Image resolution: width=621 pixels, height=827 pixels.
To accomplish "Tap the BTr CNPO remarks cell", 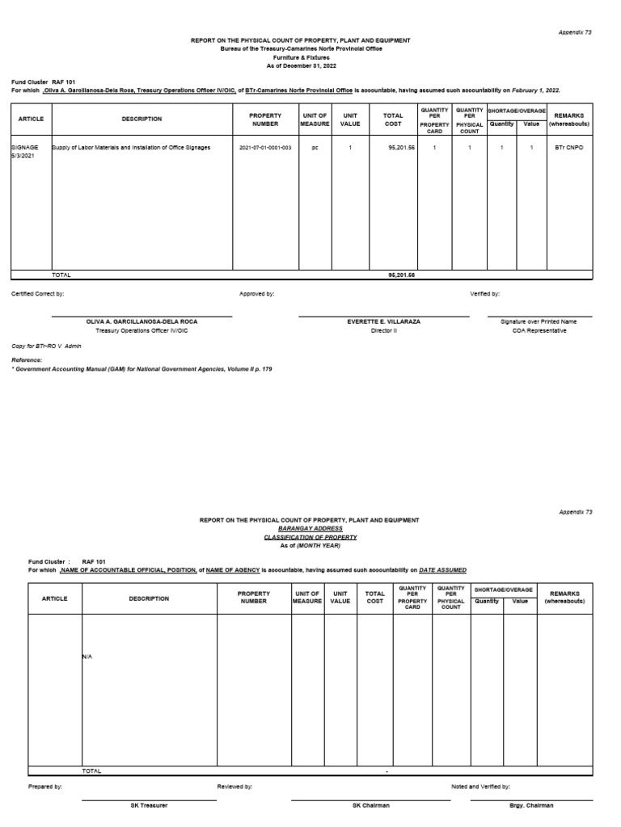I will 570,148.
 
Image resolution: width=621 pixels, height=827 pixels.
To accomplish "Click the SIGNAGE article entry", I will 25,148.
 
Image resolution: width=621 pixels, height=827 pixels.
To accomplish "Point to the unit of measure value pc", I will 315,148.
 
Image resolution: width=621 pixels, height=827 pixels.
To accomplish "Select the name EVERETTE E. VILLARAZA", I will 383,321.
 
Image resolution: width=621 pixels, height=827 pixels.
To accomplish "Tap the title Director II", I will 383,330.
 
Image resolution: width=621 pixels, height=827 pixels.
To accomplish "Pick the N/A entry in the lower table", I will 87,657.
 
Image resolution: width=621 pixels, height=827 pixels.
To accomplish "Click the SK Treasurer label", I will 149,805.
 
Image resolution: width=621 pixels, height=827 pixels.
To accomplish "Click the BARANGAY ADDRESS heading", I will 311,528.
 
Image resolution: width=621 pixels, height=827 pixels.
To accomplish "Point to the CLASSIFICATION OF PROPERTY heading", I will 311,537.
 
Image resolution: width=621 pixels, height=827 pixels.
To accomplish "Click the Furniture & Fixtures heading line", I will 311,57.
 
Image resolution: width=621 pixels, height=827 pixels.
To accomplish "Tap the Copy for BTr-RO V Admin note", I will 40,346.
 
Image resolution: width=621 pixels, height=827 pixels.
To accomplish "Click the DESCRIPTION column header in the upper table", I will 142,119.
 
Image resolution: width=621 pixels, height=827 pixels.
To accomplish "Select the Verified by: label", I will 485,294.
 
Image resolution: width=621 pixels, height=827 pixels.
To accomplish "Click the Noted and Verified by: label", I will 480,786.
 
